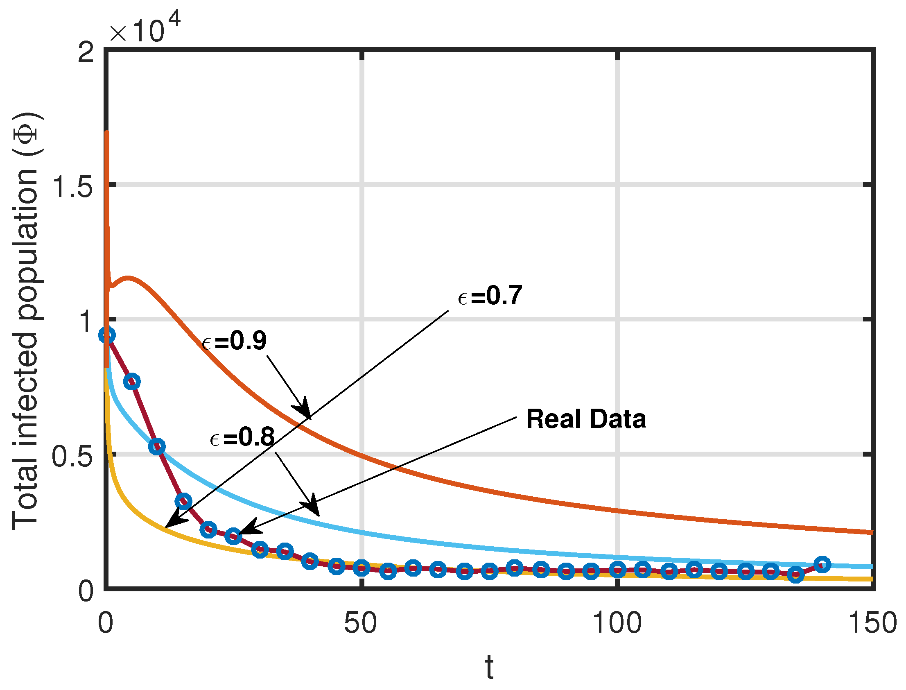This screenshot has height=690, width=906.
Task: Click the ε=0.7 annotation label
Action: (490, 296)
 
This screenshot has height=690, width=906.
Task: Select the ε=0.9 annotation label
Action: (234, 341)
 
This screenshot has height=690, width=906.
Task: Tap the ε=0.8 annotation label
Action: (242, 437)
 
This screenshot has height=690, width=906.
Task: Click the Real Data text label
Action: (586, 419)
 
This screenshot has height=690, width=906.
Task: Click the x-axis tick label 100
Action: (617, 623)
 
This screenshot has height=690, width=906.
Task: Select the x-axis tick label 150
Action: (873, 623)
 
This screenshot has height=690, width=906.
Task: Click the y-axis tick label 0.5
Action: (72, 456)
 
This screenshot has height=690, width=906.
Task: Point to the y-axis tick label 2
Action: (86, 52)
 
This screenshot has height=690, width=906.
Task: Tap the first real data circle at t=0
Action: (107, 335)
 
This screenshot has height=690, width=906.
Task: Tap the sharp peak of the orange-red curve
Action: (107, 133)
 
